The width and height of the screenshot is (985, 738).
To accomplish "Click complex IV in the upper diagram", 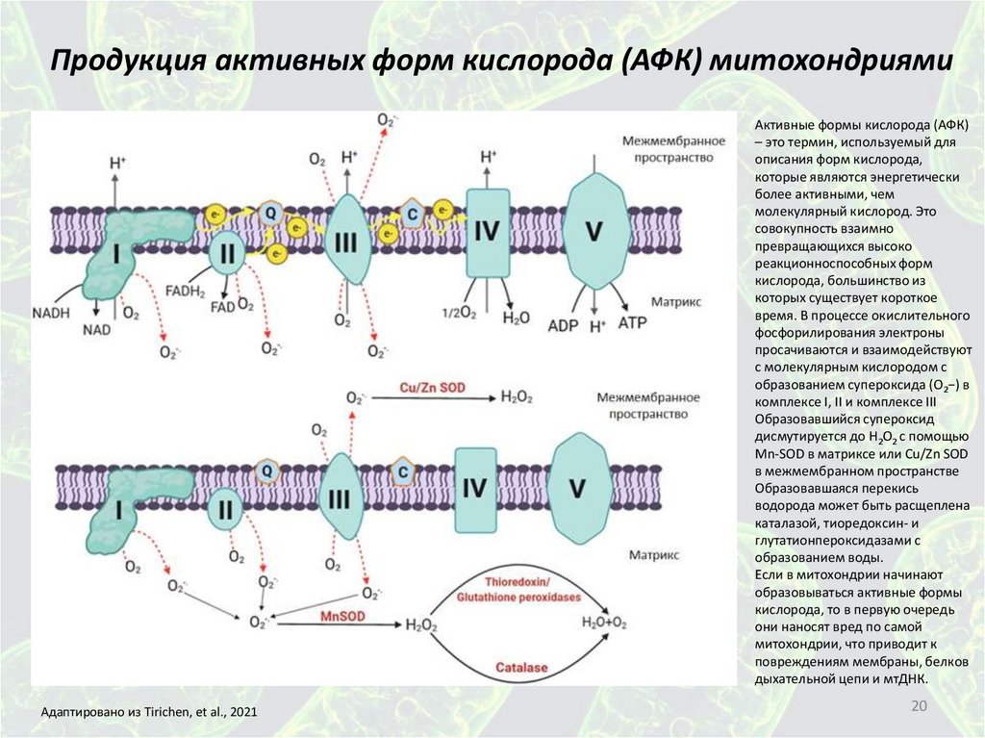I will tap(486, 232).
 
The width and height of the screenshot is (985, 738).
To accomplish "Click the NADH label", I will tap(53, 312).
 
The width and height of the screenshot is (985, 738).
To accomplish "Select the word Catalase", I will tap(520, 667).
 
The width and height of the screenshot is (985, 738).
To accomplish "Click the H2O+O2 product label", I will tap(605, 623).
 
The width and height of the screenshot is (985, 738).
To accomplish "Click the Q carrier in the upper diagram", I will tap(271, 209).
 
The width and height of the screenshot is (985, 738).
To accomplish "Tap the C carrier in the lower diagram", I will tap(405, 471).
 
